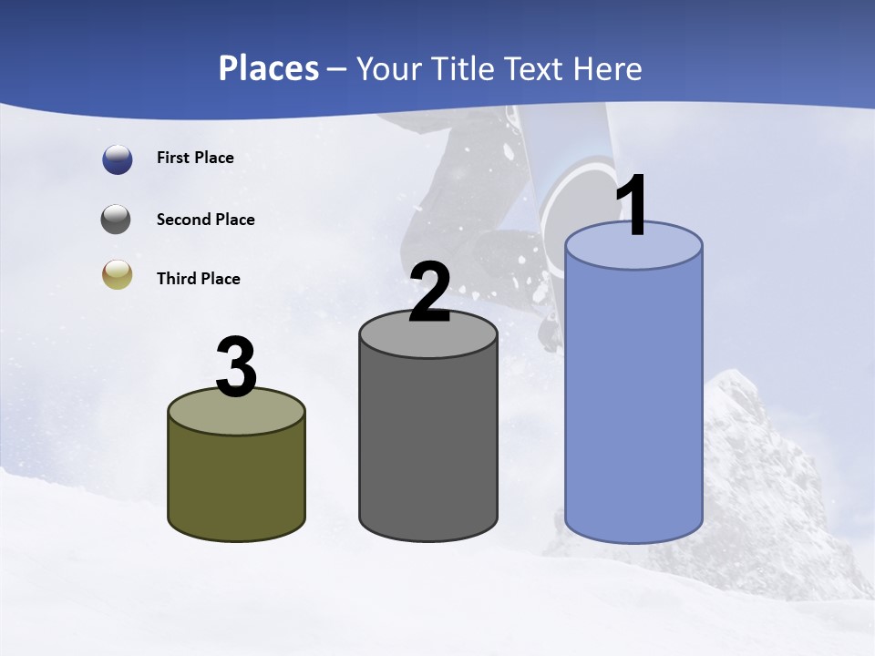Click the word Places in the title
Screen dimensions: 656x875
coord(269,68)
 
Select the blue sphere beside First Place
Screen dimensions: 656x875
coord(118,159)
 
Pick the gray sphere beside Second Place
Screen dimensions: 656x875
coord(116,220)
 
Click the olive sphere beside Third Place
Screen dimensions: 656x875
coord(117,275)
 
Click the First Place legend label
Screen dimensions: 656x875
coord(195,158)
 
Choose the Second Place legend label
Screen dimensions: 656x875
coord(205,220)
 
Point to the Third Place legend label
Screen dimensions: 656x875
coord(198,279)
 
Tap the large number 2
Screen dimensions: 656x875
coord(429,293)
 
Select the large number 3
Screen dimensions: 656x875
coord(236,368)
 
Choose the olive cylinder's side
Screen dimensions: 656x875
coord(236,483)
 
